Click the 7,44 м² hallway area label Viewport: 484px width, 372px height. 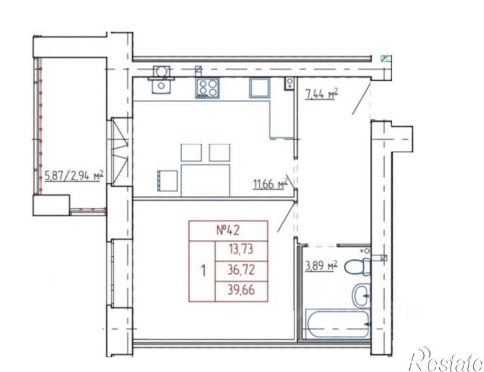click(x=321, y=94)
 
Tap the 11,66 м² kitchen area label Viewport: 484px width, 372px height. click(x=270, y=184)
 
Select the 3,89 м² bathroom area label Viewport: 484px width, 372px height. click(x=321, y=266)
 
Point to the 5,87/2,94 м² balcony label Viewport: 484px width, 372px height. click(x=74, y=176)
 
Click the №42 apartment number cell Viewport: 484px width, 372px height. click(x=228, y=230)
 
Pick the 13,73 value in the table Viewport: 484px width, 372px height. click(x=241, y=249)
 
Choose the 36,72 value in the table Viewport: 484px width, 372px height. click(x=241, y=270)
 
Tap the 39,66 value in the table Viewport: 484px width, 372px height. click(x=241, y=290)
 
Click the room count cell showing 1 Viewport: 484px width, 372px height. click(x=203, y=271)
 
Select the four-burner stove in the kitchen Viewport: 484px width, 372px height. click(x=207, y=88)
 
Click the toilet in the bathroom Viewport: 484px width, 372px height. click(x=358, y=267)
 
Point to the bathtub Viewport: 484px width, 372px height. click(x=338, y=324)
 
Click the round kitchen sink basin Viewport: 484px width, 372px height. click(x=161, y=72)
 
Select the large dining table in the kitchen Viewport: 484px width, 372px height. click(x=206, y=180)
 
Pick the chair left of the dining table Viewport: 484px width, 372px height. click(x=168, y=181)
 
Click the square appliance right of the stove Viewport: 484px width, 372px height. click(x=260, y=87)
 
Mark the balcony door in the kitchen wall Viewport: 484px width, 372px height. click(x=119, y=151)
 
